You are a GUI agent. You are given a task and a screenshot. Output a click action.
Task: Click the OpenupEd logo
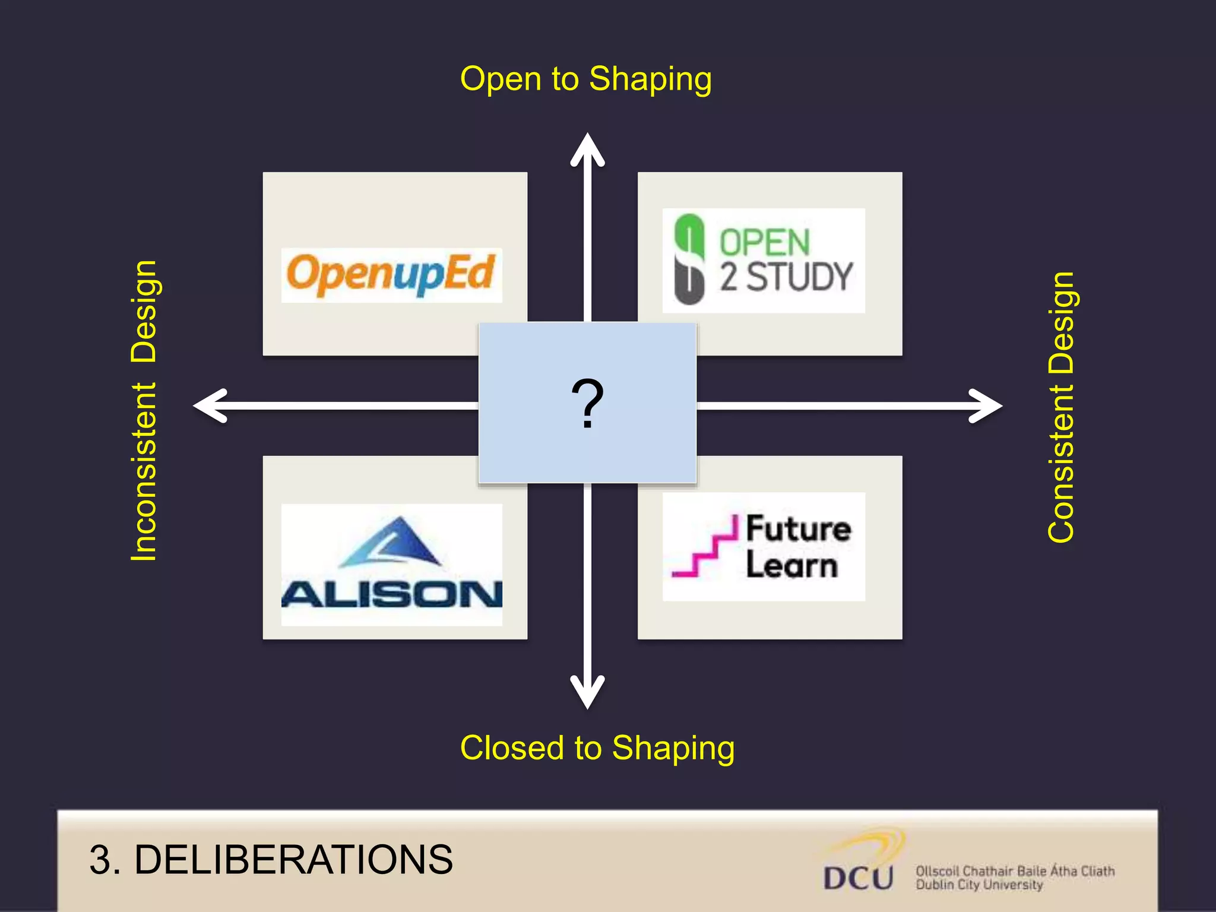391,275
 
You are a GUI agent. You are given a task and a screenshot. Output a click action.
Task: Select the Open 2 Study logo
764,261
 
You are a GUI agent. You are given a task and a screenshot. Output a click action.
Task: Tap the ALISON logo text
392,594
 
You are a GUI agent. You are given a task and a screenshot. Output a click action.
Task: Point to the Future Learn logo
764,546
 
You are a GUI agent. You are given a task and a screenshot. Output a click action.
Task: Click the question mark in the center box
587,404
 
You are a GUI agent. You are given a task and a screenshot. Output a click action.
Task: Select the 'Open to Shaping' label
585,79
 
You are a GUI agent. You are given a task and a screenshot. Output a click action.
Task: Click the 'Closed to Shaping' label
597,748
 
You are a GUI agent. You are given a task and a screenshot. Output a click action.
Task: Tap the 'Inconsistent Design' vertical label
144,410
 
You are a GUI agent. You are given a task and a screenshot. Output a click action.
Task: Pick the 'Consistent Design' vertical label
1061,407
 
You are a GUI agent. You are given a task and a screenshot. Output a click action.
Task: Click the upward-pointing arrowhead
587,148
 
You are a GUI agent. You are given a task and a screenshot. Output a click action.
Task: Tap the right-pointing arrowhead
986,406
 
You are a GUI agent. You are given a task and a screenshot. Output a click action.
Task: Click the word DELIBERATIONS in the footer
293,859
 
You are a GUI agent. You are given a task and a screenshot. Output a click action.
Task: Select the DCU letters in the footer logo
858,878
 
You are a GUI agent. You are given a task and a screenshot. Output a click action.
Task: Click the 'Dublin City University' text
978,885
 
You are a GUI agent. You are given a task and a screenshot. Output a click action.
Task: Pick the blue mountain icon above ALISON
392,541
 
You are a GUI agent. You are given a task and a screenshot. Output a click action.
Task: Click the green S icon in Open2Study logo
689,259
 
